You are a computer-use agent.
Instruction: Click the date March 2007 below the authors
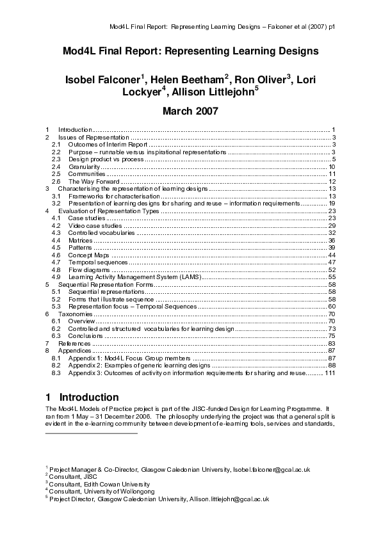190,111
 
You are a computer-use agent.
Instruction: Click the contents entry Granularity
85,166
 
